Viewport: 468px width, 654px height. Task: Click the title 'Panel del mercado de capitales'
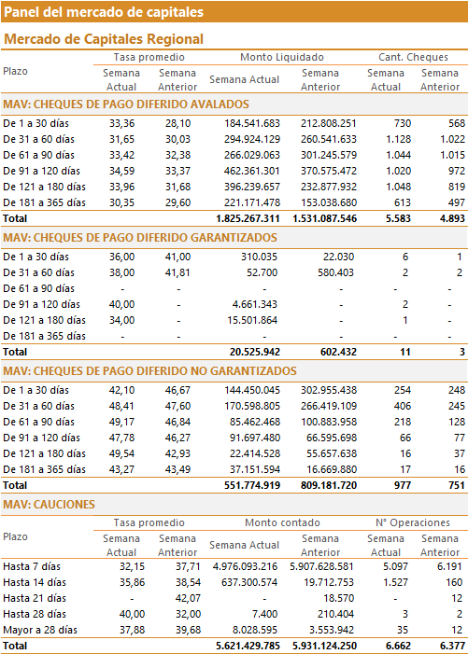coord(104,12)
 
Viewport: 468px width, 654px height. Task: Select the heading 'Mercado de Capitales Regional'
coord(104,39)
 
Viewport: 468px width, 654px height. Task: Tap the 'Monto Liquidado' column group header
coord(282,57)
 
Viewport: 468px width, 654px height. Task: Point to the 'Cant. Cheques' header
coord(413,57)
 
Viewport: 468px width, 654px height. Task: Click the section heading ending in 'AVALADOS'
coord(126,104)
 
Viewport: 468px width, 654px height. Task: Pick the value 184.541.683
coord(252,123)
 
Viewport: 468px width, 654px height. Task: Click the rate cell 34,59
coord(122,171)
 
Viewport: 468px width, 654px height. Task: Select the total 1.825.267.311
coord(248,218)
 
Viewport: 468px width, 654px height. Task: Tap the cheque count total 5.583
coord(398,218)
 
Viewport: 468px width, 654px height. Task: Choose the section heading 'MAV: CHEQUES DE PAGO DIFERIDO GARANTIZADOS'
coord(140,238)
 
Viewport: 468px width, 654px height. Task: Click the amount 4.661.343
coord(255,304)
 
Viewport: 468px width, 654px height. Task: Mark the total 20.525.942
coord(255,352)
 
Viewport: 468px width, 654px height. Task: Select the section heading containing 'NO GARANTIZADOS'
coord(149,371)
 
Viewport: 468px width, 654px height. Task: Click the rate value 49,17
coord(122,422)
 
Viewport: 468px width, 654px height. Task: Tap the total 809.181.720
coord(329,485)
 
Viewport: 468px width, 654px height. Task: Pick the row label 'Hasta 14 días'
coord(35,583)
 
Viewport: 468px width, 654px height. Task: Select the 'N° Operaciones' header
coord(413,522)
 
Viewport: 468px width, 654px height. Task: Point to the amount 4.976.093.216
coord(245,567)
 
